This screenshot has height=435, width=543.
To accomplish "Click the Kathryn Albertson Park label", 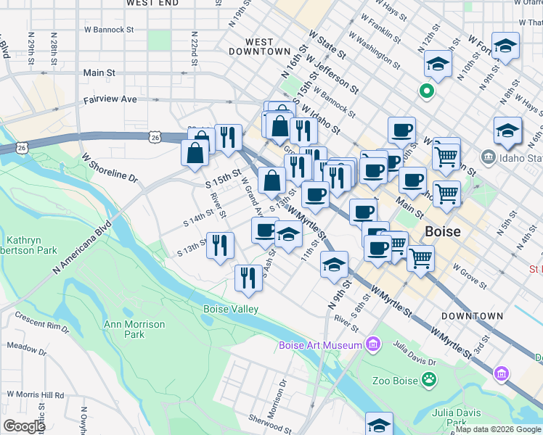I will tap(31, 245).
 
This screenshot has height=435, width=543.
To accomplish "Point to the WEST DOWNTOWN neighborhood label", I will tap(259, 47).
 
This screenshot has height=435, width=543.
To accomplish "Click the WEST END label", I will tap(152, 4).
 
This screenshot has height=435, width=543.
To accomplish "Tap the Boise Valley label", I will tap(230, 310).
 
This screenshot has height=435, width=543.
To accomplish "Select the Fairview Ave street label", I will tap(110, 100).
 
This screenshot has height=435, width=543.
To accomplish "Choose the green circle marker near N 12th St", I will tap(428, 91).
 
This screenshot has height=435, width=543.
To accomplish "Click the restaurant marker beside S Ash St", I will tap(248, 278).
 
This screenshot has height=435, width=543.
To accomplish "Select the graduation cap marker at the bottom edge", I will tap(379, 425).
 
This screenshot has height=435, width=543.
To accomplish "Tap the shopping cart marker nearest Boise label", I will tap(420, 257).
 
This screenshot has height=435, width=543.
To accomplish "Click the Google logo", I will tap(24, 426).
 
